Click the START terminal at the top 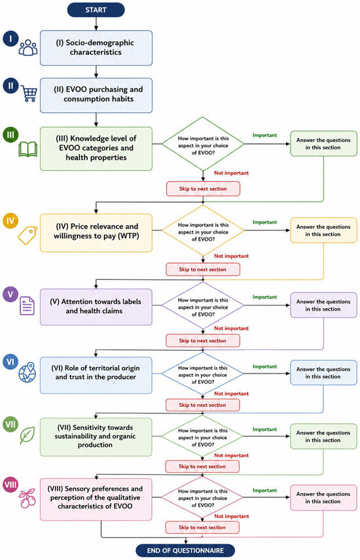96,10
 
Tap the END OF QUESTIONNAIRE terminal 185,550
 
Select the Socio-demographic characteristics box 96,48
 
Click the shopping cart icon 29,93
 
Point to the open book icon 28,150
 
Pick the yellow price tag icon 28,236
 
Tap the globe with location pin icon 27,372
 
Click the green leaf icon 27,435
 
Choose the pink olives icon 27,498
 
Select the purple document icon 27,306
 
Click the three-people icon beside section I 28,48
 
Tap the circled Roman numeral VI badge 10,362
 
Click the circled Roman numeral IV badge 10,220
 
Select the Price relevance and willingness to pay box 96,233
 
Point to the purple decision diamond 203,306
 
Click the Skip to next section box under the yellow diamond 203,270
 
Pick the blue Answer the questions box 323,373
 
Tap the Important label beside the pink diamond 264,491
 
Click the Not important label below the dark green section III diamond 231,173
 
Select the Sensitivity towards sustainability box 96,436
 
